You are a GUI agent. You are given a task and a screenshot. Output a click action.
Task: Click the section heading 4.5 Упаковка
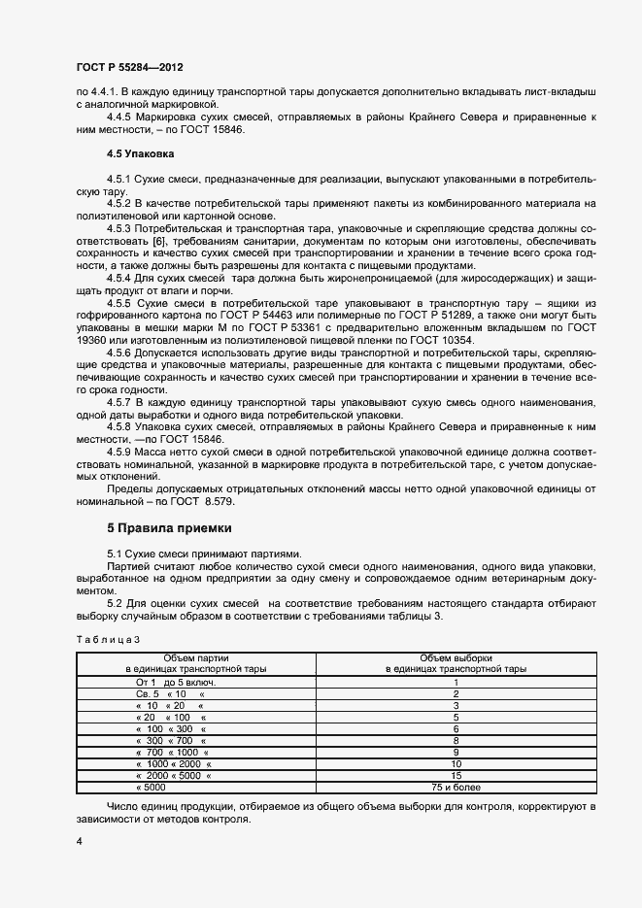[141, 152]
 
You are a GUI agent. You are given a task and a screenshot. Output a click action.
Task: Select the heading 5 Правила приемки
[169, 527]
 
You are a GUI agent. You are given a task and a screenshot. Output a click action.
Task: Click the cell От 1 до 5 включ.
[176, 683]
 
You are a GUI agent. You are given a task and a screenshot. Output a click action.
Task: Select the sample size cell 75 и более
[456, 788]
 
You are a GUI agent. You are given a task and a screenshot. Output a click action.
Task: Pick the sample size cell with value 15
[456, 776]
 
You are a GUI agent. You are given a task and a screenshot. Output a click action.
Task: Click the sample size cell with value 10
[456, 764]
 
